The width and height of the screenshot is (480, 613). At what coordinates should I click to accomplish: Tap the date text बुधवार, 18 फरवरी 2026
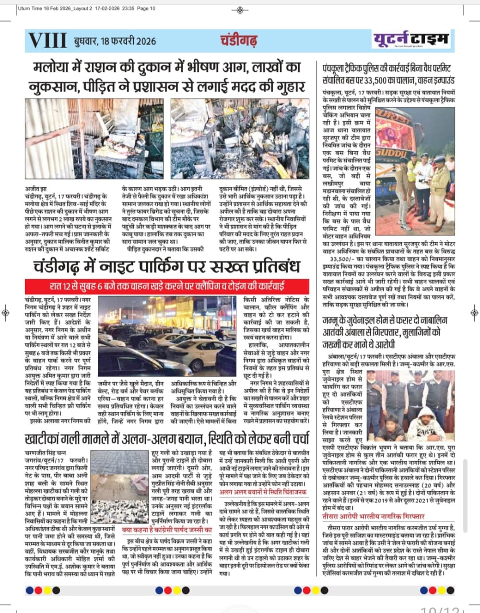click(x=115, y=41)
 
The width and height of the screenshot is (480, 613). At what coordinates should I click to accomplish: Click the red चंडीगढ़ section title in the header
click(x=239, y=40)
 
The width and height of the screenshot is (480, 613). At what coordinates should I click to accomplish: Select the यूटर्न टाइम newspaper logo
click(x=412, y=39)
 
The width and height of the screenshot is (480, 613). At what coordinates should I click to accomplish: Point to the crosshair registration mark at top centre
click(x=240, y=10)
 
